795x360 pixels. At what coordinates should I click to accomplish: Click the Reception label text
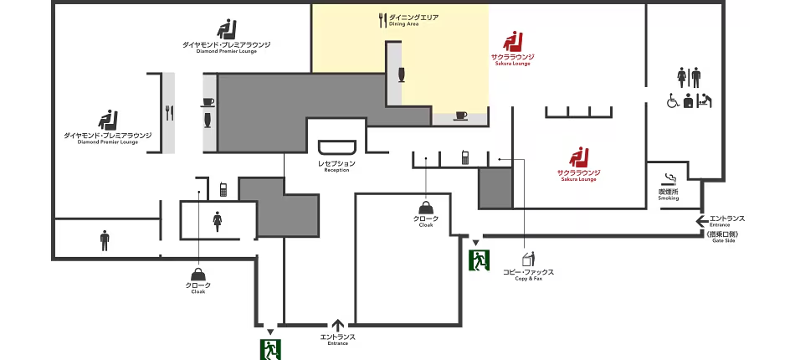click(336, 167)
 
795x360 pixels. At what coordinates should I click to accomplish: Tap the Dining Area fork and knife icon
click(382, 20)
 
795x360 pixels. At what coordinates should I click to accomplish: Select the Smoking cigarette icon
click(670, 179)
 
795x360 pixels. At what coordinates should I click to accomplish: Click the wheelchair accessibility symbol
click(672, 100)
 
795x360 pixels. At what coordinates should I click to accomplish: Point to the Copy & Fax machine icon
click(528, 259)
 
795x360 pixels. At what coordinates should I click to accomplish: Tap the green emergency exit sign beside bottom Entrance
click(270, 349)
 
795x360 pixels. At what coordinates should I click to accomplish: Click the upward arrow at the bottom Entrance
click(338, 325)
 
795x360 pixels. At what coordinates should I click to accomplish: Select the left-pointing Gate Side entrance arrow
click(702, 220)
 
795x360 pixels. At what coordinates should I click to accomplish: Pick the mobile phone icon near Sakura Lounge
click(465, 157)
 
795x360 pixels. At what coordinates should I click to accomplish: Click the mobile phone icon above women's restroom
click(223, 190)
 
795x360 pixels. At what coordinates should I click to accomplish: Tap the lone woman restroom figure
click(218, 222)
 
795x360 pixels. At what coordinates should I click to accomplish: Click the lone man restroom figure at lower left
click(105, 240)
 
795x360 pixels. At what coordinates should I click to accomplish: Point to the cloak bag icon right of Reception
click(425, 208)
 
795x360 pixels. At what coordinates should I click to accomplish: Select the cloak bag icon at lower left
click(199, 275)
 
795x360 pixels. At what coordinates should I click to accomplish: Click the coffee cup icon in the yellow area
click(461, 115)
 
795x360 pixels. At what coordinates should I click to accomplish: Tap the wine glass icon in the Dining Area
click(402, 74)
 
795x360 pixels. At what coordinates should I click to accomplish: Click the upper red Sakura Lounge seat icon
click(513, 41)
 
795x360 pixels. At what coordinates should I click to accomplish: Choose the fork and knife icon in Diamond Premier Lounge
click(169, 112)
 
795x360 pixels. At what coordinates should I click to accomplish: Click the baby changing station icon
click(705, 100)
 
